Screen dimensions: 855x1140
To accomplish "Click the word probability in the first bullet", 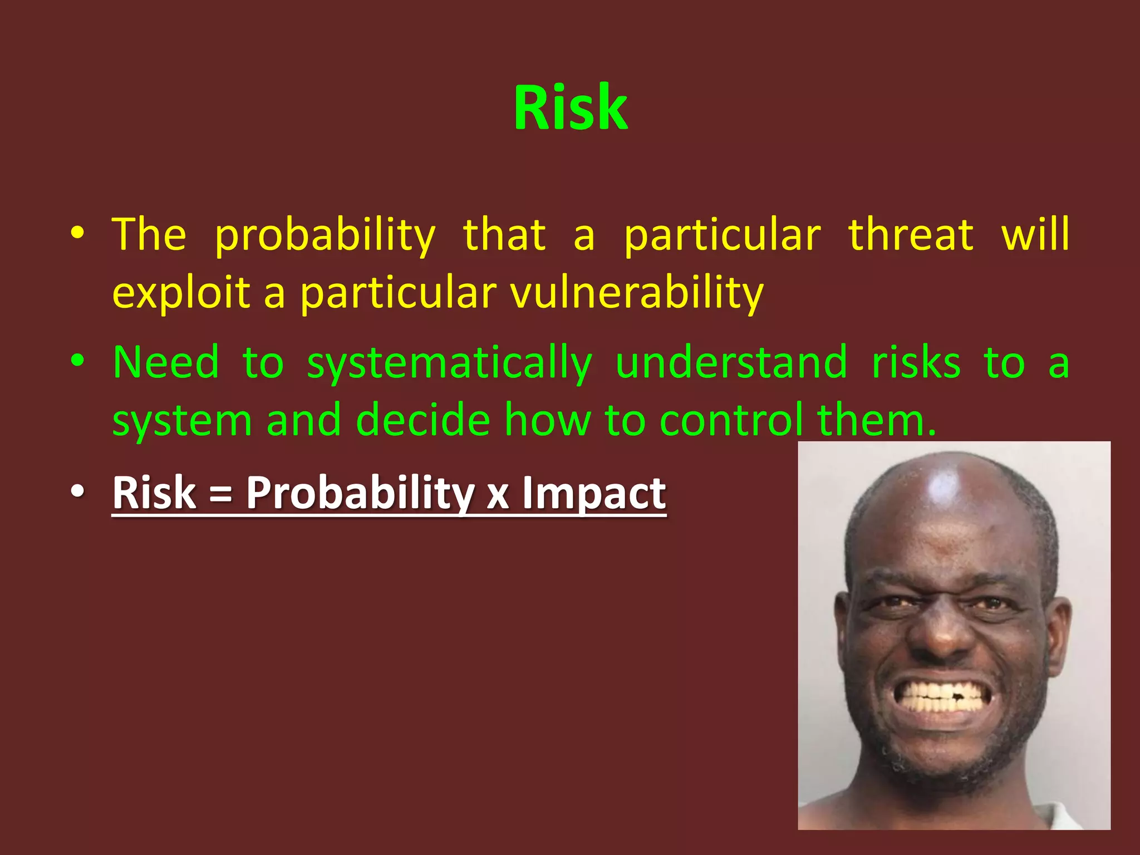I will pos(325,236).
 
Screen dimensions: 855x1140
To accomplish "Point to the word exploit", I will pos(181,293).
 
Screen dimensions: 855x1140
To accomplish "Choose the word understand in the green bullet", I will pos(731,363).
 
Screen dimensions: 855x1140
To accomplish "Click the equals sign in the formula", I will pos(221,494).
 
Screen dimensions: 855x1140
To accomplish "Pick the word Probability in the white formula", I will pos(360,493).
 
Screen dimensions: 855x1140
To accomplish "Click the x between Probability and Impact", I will pos(498,495).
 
